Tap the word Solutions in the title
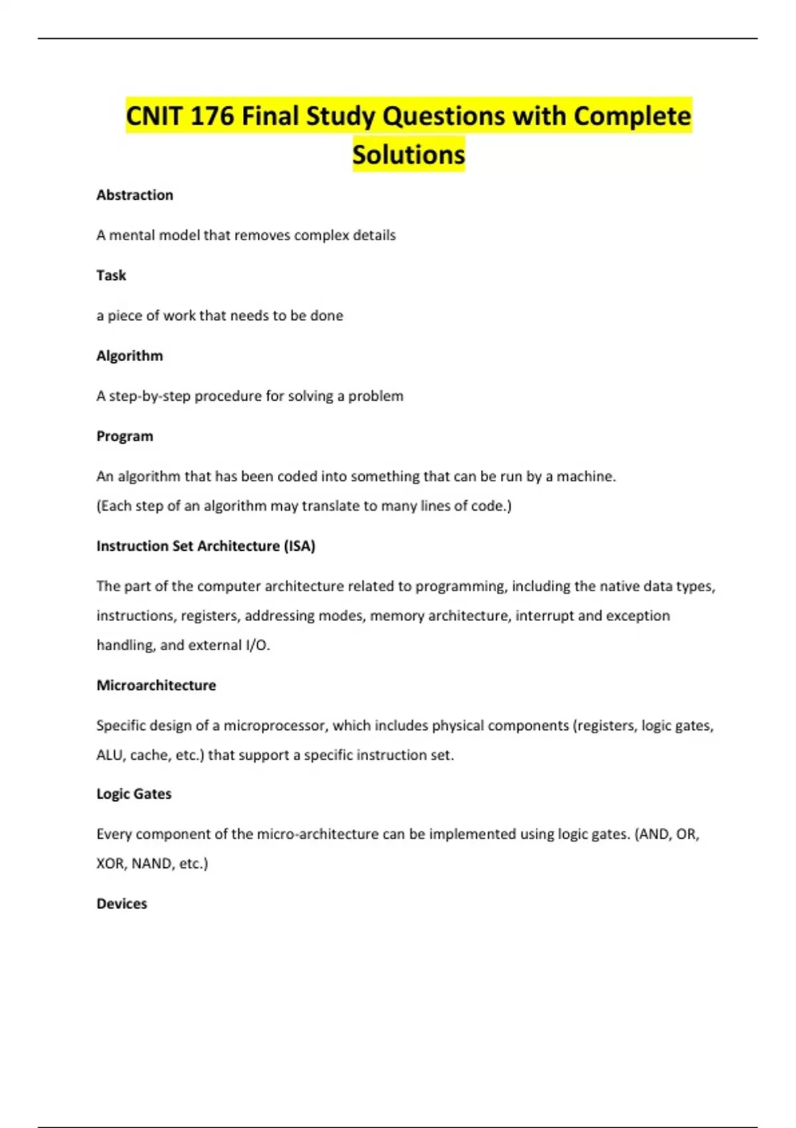coord(409,155)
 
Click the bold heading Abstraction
coord(135,195)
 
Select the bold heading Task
coord(111,275)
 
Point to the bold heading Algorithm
coord(129,356)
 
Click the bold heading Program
coord(125,436)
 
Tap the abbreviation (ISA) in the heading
coord(299,546)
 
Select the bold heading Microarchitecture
coord(156,685)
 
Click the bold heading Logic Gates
coord(134,794)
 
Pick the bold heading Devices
coord(121,904)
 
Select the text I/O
coord(257,645)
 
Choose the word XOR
coord(111,864)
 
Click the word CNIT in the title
coord(154,116)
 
